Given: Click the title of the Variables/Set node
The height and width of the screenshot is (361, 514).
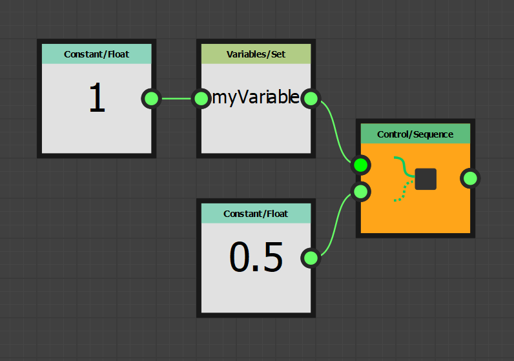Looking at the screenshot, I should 256,54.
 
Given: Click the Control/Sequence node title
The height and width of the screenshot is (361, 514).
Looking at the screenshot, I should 415,134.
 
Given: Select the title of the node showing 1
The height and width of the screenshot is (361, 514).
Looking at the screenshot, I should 97,54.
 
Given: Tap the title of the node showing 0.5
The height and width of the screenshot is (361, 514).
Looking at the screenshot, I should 256,214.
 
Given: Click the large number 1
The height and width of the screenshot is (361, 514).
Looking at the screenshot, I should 97,99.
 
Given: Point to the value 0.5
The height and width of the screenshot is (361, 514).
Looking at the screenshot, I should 256,258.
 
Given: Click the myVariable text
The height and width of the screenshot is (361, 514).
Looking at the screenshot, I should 256,98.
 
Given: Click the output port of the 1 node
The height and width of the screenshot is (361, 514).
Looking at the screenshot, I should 151,98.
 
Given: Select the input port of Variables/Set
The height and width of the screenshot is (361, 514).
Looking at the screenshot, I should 202,98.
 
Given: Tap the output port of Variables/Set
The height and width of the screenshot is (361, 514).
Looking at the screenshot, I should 311,98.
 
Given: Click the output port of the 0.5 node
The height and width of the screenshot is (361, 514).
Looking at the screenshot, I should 311,258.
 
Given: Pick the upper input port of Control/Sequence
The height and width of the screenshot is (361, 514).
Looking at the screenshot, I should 361,165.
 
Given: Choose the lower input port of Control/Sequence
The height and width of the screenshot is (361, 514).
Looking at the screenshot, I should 361,191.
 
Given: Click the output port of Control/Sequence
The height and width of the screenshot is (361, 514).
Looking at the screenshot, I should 470,178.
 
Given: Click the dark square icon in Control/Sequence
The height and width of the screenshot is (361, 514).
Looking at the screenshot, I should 426,179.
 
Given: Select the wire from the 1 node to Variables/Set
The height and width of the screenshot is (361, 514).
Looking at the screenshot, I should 176,98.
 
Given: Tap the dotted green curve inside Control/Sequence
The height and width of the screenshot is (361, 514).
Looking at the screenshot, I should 402,192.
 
